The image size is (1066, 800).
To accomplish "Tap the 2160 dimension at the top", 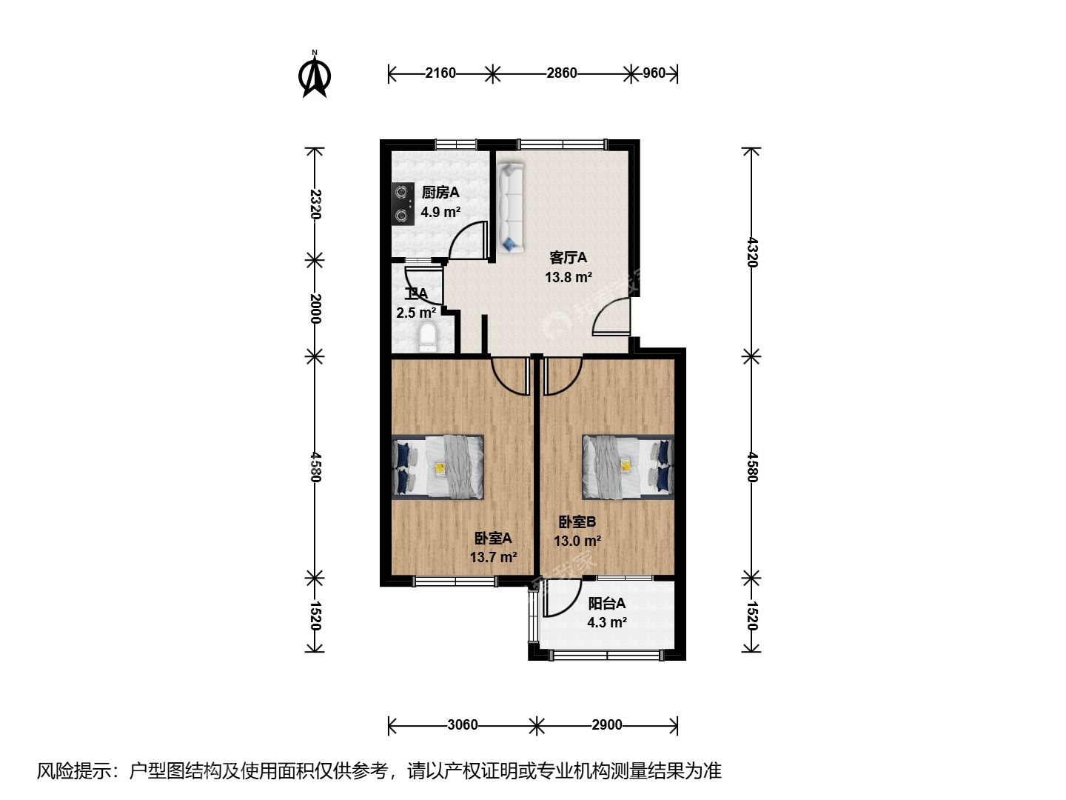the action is [x=440, y=73].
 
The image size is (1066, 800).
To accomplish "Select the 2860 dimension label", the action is [x=561, y=73].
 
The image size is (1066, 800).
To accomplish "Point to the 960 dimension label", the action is [x=654, y=73].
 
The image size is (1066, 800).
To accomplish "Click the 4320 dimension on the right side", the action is [x=751, y=252].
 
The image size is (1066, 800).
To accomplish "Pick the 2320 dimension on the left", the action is [x=315, y=204].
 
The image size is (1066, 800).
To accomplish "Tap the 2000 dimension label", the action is [x=315, y=308].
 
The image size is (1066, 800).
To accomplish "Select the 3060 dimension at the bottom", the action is [x=463, y=724].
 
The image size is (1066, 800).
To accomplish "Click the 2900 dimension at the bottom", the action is [x=606, y=724].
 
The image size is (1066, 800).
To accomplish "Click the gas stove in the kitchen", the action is [x=403, y=204].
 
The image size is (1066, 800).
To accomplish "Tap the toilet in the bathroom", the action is [x=427, y=337].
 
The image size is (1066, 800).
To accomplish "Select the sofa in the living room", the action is [x=510, y=207].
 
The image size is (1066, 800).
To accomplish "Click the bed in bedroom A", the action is [x=438, y=467].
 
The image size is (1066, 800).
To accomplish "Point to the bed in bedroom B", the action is [x=628, y=467].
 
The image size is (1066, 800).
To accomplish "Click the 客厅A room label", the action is [x=568, y=258].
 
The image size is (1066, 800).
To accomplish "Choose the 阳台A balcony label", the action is [x=606, y=603].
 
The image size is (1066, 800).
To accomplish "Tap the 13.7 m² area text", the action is [x=493, y=557].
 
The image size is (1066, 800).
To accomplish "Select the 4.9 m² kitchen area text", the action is [x=440, y=213].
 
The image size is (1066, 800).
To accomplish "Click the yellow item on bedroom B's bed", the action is [x=626, y=465].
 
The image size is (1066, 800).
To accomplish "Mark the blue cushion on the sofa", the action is [x=509, y=244].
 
